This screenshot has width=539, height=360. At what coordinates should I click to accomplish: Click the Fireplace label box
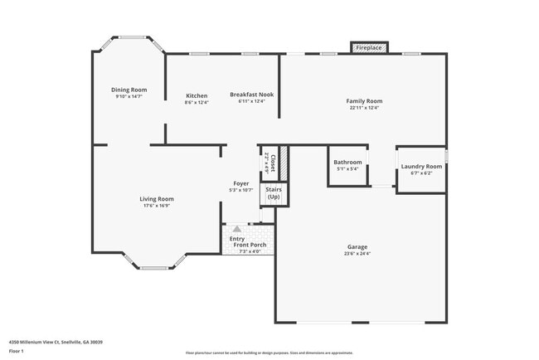(369, 48)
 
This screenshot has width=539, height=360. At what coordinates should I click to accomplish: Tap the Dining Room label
(129, 90)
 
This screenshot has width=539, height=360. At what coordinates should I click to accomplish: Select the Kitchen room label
(197, 95)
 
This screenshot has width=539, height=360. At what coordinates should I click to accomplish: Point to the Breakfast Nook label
(251, 95)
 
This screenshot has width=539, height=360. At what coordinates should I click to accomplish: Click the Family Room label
(364, 100)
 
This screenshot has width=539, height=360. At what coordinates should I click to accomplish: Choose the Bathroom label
(347, 162)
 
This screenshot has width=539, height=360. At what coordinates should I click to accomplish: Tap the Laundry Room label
(421, 166)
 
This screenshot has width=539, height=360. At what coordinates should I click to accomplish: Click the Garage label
(357, 246)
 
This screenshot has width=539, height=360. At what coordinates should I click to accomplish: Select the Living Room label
(156, 198)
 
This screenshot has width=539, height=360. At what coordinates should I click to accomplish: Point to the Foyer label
(240, 183)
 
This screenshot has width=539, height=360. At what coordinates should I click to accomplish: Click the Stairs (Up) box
(274, 193)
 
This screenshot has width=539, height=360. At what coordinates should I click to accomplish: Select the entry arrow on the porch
(237, 228)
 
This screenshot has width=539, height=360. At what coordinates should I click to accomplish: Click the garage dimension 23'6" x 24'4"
(357, 254)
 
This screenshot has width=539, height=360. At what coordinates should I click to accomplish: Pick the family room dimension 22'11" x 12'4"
(364, 108)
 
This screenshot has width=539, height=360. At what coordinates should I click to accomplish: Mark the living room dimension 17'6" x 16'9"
(156, 206)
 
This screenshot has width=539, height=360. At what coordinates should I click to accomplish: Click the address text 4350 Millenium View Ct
(56, 341)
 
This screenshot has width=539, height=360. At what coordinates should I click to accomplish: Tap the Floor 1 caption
(17, 351)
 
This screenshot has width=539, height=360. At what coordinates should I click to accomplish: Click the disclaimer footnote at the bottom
(269, 353)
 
